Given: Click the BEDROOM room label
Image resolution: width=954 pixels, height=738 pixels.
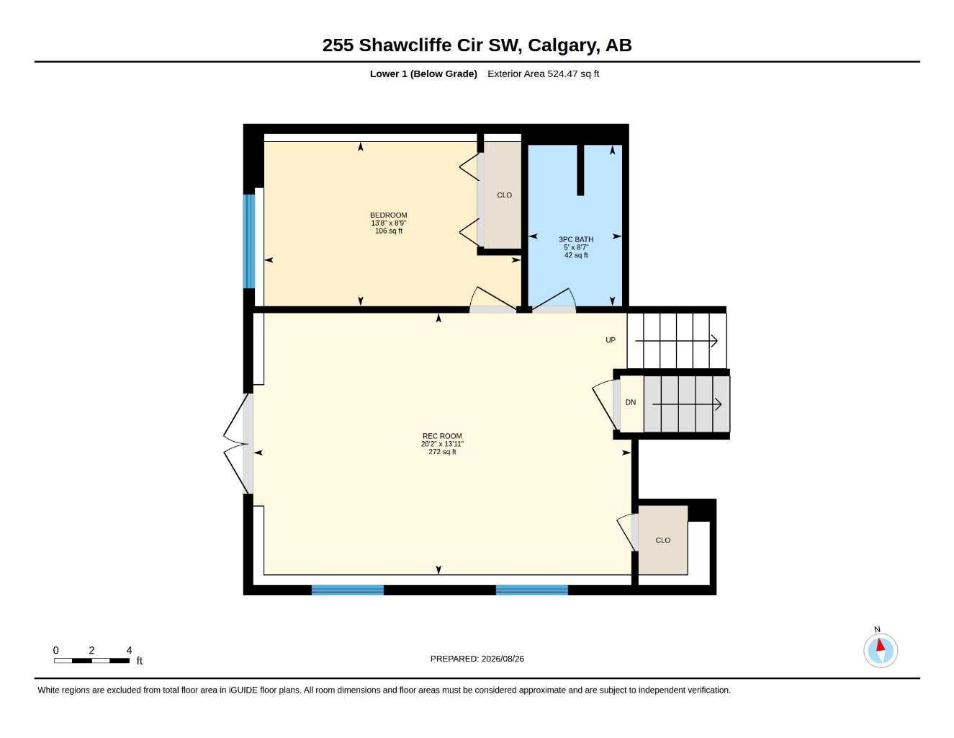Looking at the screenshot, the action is click(388, 215).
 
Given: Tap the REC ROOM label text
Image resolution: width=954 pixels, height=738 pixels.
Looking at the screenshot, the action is click(441, 436).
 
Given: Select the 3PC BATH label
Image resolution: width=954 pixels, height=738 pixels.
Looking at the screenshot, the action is click(575, 239).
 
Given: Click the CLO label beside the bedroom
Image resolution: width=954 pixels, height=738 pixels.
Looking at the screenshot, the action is click(504, 195).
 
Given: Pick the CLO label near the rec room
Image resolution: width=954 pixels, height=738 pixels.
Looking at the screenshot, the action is click(662, 541).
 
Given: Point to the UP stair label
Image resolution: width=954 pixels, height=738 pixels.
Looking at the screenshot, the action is click(611, 340).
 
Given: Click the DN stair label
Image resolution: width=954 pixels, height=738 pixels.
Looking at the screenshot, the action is click(630, 402).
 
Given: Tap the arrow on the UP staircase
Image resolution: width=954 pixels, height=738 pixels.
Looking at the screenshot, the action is click(676, 341).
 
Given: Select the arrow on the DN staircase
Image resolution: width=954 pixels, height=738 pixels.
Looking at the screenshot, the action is click(687, 404).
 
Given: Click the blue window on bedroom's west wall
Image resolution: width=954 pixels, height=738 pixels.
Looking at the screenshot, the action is click(249, 241).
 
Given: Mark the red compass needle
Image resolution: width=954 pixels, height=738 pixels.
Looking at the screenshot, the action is click(880, 645).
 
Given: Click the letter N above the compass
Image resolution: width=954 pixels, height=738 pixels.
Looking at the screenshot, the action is click(877, 629).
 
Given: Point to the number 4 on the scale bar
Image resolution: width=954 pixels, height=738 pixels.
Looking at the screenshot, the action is click(129, 650).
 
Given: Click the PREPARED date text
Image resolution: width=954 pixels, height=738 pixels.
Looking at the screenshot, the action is click(477, 659).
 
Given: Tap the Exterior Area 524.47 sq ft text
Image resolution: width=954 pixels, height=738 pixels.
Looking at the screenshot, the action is click(543, 74).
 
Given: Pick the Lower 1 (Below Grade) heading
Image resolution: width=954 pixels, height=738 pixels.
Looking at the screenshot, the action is click(423, 74).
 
